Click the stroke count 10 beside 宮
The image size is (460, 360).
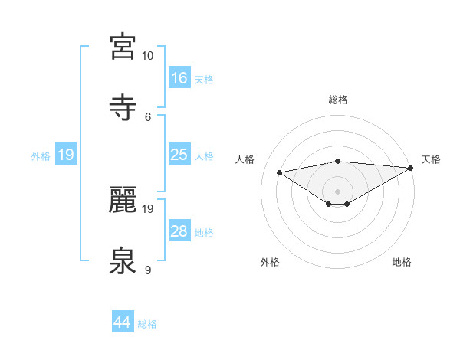147,56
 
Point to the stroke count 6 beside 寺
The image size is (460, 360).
148,116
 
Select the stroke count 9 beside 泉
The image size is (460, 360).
148,270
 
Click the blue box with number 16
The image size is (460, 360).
179,78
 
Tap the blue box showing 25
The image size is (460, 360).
179,155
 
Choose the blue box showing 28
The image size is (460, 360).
179,231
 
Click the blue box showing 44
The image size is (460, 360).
123,322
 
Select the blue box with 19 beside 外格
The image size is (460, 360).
66,155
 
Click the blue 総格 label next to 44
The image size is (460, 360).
148,324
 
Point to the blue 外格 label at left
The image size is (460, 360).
41,156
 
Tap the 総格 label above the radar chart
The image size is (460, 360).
338,100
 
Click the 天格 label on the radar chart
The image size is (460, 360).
432,159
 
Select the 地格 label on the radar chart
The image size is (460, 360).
402,263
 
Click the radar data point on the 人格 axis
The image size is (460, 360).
280,172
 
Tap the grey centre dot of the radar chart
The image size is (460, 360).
337,191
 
